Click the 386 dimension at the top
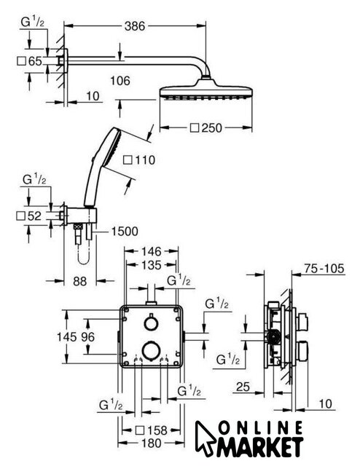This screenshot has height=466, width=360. [135, 26]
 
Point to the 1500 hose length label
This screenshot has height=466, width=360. [125, 232]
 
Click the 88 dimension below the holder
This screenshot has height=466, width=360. [79, 281]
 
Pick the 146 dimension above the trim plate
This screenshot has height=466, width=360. [151, 251]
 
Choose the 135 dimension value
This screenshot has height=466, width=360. [151, 265]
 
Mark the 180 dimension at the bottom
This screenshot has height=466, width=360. [151, 443]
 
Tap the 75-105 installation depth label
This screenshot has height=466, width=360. [324, 269]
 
